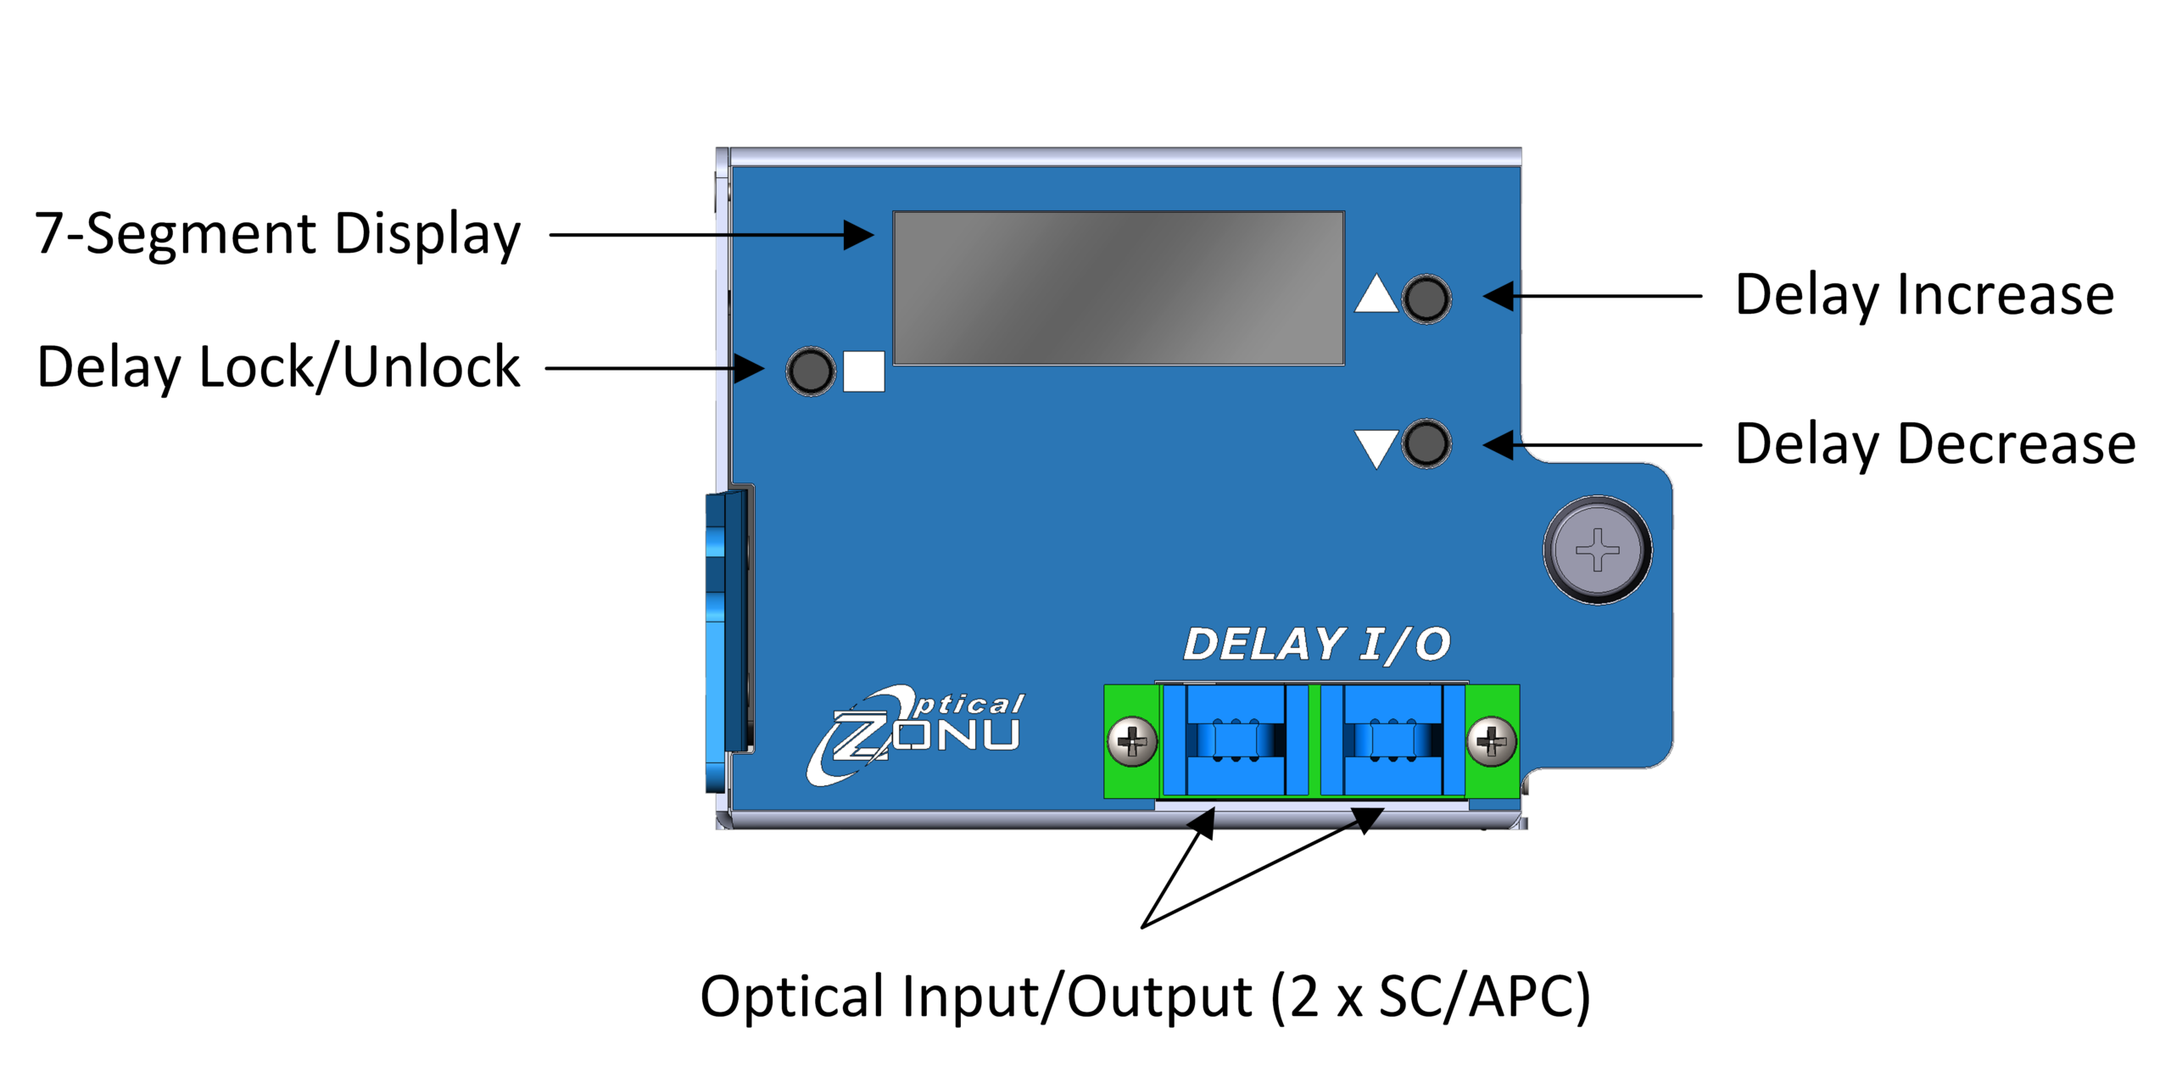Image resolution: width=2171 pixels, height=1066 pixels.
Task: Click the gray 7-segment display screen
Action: (1118, 288)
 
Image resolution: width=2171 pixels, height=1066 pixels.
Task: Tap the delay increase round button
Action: (1426, 299)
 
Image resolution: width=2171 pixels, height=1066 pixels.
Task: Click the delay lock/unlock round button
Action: (811, 371)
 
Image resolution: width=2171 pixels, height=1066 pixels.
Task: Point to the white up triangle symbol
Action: (1376, 296)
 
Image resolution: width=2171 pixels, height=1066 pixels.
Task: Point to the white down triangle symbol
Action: (1376, 446)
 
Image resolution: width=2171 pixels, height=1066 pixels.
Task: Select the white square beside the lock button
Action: (863, 371)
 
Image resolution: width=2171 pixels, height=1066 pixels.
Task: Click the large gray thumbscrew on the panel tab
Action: (1597, 550)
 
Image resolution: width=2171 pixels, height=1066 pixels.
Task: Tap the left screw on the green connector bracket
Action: (1132, 742)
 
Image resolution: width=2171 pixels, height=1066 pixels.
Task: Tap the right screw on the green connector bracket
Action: (1492, 742)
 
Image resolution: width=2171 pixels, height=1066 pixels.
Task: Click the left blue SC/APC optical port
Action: (1236, 740)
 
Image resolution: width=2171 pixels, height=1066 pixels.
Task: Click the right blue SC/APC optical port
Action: (1392, 740)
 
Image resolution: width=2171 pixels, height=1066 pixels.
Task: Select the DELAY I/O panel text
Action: (1316, 645)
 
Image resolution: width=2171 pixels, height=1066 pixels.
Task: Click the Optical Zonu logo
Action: (916, 734)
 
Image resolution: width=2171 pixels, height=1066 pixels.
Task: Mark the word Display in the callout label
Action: (427, 234)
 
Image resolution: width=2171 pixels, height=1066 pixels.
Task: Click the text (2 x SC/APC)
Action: (1430, 996)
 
